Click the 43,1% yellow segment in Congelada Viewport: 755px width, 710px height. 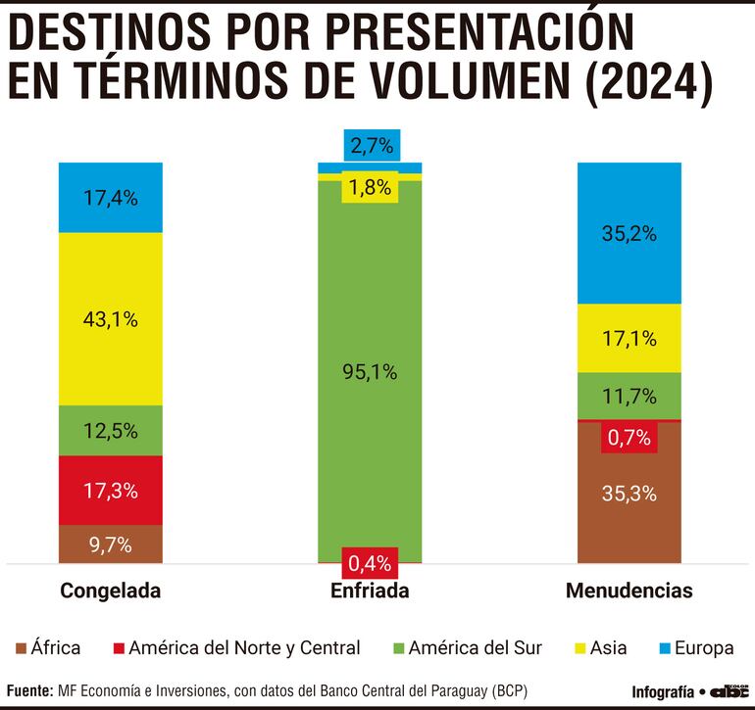coord(110,318)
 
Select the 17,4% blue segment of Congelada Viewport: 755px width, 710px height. coord(110,197)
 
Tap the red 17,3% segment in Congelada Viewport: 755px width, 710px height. coord(110,490)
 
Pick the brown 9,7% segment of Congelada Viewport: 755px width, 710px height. coord(110,544)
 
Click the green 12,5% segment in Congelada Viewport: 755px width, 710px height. coord(110,430)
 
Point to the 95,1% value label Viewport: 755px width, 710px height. coord(370,371)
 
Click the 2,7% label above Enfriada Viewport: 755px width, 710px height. coord(370,147)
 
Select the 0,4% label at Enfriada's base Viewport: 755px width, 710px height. coord(370,563)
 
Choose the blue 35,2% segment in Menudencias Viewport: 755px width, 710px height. coord(629,233)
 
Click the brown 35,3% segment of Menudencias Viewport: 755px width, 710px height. coord(629,494)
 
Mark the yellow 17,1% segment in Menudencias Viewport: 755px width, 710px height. coord(629,339)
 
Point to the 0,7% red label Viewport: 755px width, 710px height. coord(629,437)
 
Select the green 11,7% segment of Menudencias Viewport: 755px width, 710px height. coord(629,396)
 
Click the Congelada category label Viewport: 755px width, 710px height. coord(110,591)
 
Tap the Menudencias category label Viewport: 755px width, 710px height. coord(629,591)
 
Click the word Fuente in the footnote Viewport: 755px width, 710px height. coord(29,690)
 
